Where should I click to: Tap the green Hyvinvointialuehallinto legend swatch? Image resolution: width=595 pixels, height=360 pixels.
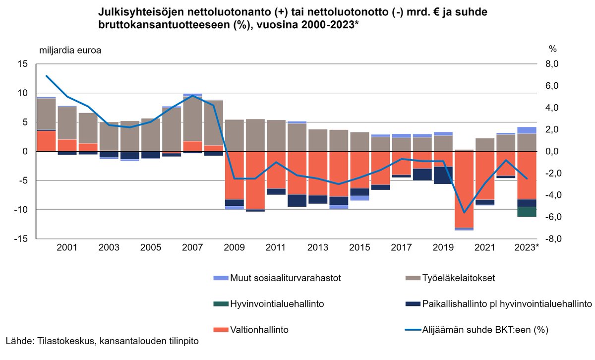(x=220, y=303)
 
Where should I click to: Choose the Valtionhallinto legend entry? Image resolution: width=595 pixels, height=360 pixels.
(x=260, y=329)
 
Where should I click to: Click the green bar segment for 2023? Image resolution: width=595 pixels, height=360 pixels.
(x=527, y=212)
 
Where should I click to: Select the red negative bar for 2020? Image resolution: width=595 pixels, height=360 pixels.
(x=464, y=189)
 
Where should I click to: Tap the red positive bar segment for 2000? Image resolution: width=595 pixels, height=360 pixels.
(x=46, y=141)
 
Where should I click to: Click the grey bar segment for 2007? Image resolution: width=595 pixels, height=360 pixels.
(x=192, y=119)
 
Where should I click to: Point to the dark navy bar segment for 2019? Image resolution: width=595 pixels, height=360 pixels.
(x=443, y=175)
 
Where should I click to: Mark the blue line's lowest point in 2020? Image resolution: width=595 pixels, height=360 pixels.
(x=464, y=212)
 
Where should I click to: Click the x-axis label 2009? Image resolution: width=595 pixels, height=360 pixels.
(x=234, y=247)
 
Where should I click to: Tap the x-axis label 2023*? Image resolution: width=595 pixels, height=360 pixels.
(x=527, y=247)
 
